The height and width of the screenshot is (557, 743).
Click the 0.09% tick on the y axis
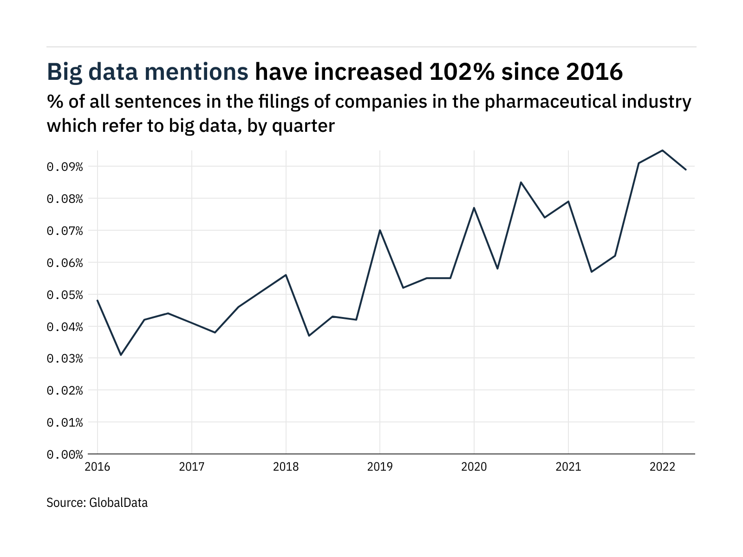(x=65, y=167)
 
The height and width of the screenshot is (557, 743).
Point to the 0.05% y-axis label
(x=65, y=295)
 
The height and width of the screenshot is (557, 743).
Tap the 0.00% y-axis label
(x=65, y=454)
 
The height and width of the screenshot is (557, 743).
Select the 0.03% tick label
(x=65, y=359)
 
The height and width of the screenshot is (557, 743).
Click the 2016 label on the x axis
(x=98, y=467)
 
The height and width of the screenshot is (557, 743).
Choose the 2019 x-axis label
(x=380, y=467)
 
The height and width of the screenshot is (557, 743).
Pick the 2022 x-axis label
(x=662, y=467)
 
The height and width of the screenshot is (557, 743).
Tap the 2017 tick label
(x=192, y=467)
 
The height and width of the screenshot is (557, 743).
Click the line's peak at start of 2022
(x=662, y=150)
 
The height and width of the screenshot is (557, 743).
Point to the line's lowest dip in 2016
(x=121, y=355)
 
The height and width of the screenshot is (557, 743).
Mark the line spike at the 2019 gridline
(x=380, y=230)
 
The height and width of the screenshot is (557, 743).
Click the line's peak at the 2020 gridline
(x=474, y=207)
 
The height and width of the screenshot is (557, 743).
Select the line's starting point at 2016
(x=98, y=300)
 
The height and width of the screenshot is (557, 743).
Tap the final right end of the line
(x=686, y=169)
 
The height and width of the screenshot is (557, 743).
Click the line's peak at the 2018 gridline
(x=286, y=275)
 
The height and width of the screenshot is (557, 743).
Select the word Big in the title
(x=64, y=72)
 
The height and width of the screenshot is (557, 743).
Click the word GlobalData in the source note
(x=118, y=503)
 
